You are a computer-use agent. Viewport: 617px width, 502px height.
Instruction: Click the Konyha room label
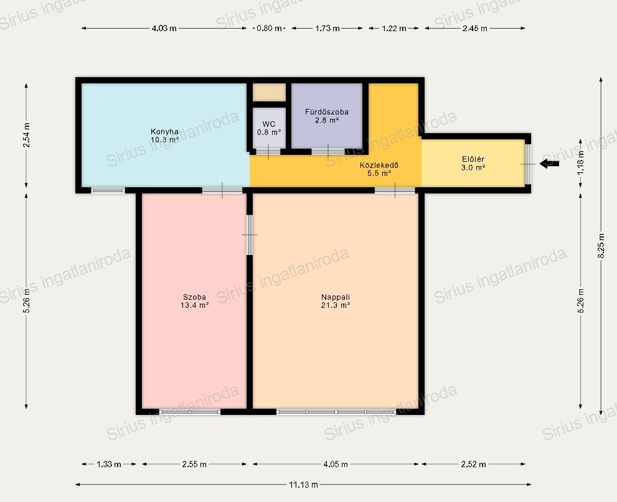point(164,131)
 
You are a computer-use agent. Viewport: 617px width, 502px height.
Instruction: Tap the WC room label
point(269,124)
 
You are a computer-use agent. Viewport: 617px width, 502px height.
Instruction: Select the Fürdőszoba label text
point(327,111)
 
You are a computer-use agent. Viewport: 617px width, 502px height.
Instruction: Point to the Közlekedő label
point(379,165)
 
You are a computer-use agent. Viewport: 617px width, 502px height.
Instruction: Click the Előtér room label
point(473,159)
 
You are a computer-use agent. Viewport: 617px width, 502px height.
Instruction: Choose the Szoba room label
point(194,297)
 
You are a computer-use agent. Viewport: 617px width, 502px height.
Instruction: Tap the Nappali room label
point(335,297)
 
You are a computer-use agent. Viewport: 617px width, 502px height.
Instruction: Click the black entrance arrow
point(549,164)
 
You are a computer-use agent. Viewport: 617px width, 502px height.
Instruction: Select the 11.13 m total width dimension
point(303,485)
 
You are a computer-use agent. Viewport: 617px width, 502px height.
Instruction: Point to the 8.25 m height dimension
point(601,246)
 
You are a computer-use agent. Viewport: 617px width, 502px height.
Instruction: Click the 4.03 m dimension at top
point(164,29)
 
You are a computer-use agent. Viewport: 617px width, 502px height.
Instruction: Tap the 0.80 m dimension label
point(269,29)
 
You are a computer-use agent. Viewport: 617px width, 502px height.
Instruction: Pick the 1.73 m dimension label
point(327,29)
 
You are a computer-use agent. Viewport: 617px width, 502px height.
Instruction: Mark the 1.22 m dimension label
point(394,29)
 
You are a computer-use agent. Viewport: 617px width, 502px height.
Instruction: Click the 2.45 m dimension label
point(475,29)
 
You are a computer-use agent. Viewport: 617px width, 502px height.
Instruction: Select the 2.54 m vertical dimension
point(26,135)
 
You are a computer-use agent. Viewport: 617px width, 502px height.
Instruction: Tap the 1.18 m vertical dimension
point(581,162)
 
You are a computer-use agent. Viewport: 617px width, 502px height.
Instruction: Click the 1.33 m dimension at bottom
point(108,464)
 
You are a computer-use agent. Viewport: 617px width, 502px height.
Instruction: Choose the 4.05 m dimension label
point(336,464)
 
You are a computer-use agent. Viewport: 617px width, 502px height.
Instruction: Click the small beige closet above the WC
point(269,93)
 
